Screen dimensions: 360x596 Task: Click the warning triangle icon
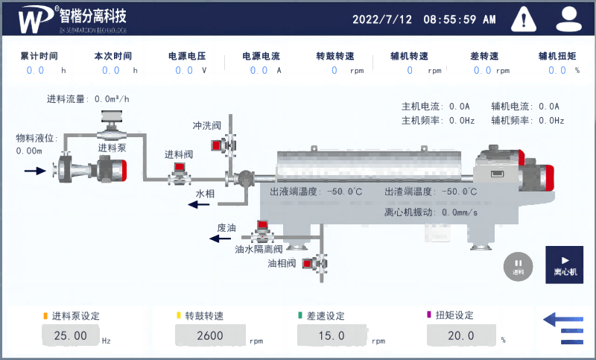point(525,18)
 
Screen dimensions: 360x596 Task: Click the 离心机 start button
point(564,265)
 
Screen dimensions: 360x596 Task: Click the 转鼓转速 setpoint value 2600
point(210,336)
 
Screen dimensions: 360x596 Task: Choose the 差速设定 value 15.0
point(331,336)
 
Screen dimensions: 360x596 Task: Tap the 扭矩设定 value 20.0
point(461,336)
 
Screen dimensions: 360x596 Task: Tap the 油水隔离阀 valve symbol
point(261,231)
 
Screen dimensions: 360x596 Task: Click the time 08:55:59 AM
point(460,19)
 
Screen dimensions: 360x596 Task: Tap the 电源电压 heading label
point(187,56)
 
